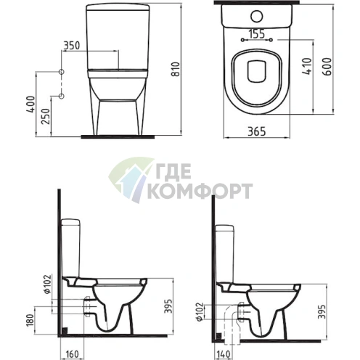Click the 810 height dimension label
(x=176, y=69)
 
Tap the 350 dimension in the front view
(x=71, y=45)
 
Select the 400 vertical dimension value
(x=31, y=104)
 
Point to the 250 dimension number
(x=46, y=117)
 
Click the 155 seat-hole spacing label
(x=257, y=34)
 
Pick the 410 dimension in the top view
(x=307, y=66)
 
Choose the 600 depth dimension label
(x=327, y=66)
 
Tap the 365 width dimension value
(x=257, y=131)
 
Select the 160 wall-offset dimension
(x=72, y=354)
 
